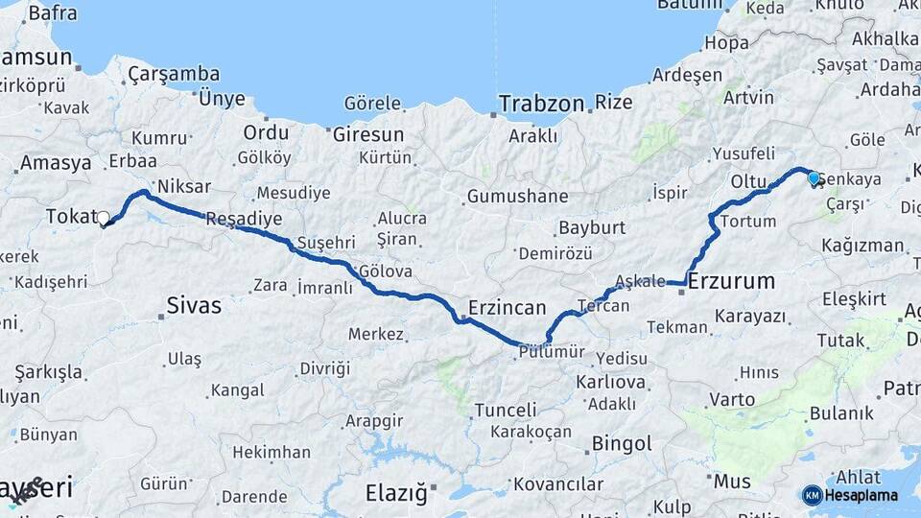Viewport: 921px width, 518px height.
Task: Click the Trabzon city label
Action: pos(541,103)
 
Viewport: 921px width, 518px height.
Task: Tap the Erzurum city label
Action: pos(731,281)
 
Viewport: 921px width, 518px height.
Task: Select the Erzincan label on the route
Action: pos(507,308)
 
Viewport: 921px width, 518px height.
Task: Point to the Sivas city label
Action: pos(194,306)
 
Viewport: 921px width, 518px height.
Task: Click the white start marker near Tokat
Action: pos(104,218)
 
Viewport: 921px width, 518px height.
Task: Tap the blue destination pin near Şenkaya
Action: pos(814,178)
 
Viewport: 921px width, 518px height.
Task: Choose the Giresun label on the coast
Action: pos(368,134)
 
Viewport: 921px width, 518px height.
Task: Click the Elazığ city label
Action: pos(395,493)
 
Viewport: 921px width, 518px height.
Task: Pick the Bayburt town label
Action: pos(591,228)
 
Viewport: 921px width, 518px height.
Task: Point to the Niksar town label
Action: pos(183,186)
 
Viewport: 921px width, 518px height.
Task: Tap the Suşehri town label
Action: pos(326,242)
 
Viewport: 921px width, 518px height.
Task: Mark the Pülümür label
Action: pos(551,352)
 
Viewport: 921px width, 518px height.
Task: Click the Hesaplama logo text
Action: pos(861,495)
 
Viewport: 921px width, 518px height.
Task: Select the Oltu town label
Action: pos(748,180)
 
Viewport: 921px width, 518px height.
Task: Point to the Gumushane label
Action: pos(517,197)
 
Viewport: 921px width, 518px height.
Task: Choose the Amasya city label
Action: pos(56,163)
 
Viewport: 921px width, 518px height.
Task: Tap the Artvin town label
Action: pos(748,98)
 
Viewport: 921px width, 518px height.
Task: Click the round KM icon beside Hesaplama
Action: pos(812,495)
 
